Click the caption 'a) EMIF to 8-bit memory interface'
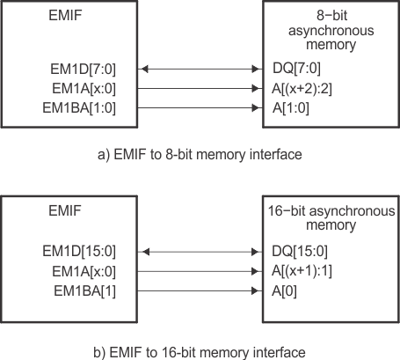tap(200, 155)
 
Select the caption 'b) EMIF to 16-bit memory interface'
tap(200, 351)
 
